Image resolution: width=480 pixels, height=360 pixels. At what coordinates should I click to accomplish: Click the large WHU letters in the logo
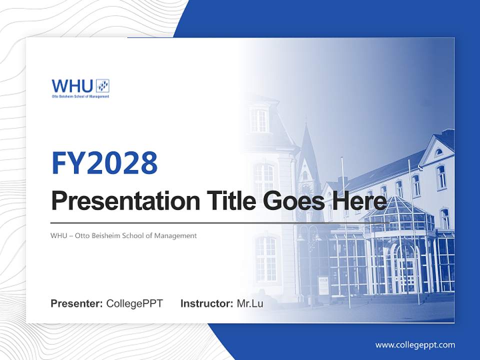[72, 85]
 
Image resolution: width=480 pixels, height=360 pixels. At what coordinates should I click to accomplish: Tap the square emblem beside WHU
[102, 85]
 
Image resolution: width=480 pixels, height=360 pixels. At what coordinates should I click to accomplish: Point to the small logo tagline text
[80, 96]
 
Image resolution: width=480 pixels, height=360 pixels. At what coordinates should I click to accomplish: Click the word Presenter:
[76, 303]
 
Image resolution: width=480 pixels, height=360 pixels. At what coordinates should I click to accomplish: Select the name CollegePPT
[134, 303]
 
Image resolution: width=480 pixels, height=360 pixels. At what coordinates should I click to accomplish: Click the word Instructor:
[206, 303]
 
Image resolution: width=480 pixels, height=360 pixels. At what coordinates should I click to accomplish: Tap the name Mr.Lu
[249, 303]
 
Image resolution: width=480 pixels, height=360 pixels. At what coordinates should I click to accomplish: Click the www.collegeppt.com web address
[415, 345]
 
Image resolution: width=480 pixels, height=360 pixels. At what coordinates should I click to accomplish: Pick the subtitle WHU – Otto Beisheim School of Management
[123, 235]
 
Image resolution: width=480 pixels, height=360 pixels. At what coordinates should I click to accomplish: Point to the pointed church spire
[306, 145]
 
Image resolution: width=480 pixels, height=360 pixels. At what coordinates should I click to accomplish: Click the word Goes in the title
[292, 201]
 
